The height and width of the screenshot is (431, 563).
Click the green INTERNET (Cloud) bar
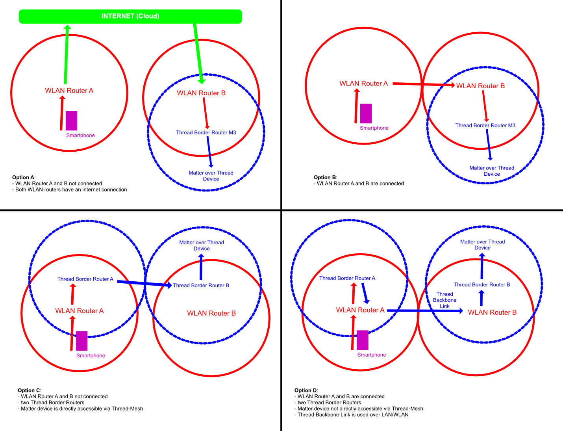[130, 17]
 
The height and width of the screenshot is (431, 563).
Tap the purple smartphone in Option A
[71, 121]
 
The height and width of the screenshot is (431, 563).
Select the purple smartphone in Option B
[366, 113]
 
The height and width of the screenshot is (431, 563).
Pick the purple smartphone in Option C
[81, 341]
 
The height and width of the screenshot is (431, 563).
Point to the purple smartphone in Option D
[363, 340]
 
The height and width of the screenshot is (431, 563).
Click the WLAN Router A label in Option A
[69, 91]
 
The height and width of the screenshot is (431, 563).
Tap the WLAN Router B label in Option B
[480, 86]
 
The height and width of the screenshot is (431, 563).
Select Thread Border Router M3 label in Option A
[206, 133]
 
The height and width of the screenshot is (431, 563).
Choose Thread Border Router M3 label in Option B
[485, 125]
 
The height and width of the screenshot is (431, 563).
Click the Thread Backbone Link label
[444, 300]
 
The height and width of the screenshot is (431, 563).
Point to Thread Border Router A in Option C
[85, 279]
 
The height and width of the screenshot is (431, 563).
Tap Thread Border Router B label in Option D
[482, 284]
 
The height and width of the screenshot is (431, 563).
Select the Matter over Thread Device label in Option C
[202, 245]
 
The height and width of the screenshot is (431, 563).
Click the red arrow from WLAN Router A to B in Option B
[424, 84]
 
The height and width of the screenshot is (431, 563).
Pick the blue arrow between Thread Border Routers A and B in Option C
[144, 283]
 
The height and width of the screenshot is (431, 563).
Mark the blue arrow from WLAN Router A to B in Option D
[425, 311]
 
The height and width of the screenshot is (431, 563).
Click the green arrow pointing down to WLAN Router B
[198, 54]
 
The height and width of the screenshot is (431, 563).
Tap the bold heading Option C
[29, 390]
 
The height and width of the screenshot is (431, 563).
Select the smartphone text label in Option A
[81, 136]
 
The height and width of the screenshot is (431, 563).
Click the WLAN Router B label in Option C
[211, 313]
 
